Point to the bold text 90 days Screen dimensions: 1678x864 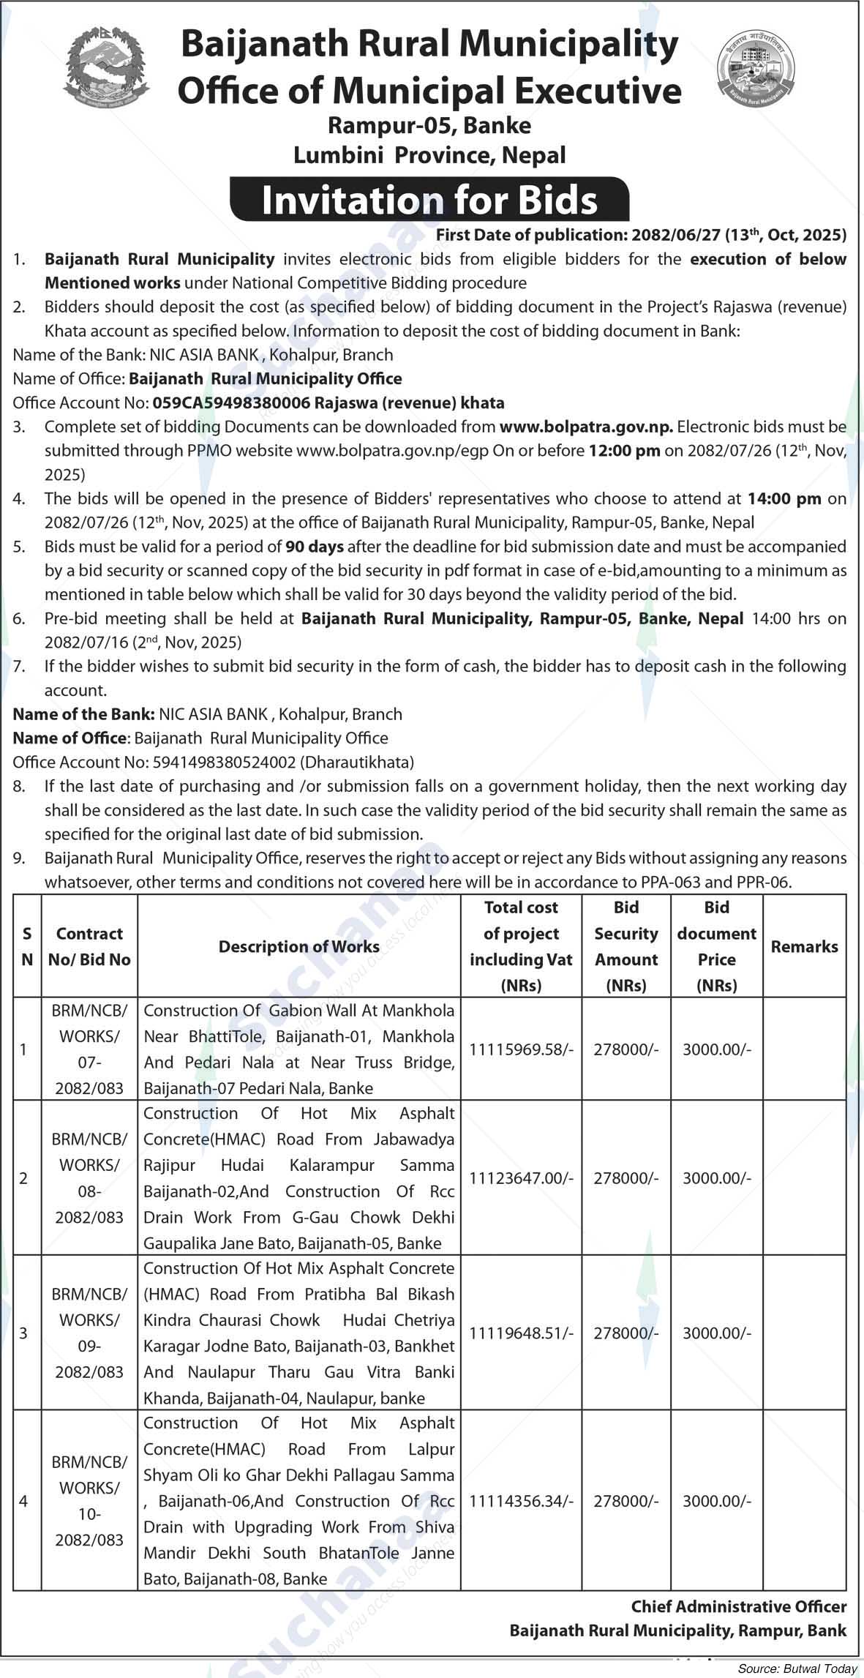314,547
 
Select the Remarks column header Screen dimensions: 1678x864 804,946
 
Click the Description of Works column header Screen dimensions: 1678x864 298,946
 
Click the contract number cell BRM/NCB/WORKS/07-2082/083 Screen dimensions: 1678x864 89,1049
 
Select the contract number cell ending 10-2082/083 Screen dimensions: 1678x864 89,1501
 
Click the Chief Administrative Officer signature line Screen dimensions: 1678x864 738,1607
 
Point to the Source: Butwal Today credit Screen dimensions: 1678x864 797,1669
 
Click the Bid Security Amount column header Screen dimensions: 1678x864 626,946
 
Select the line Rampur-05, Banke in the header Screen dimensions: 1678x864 429,126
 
